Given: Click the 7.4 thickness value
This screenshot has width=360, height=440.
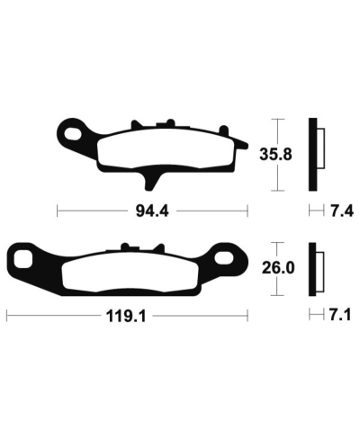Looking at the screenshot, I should [343, 212].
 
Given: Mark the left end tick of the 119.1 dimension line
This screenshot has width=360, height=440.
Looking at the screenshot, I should [7, 316].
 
